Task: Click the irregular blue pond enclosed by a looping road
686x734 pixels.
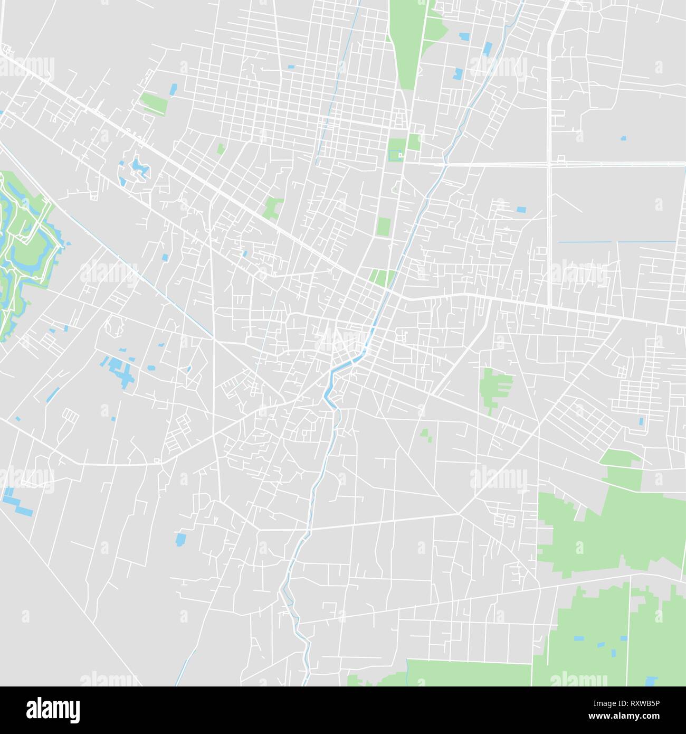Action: (139, 168)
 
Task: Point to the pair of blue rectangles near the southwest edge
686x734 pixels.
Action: (16, 502)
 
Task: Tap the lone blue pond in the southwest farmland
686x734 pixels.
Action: (180, 539)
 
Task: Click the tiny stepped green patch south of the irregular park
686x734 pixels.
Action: (425, 434)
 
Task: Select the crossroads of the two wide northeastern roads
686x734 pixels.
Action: (549, 164)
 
